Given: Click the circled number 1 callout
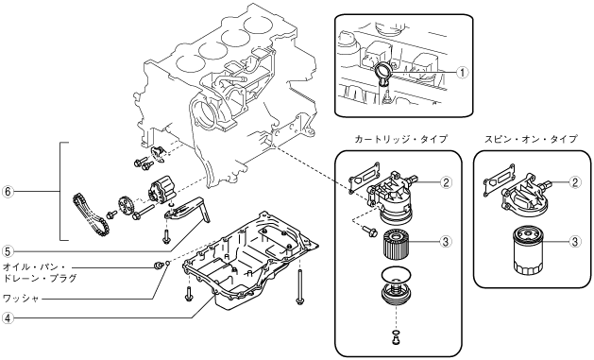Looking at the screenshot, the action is coord(462,72).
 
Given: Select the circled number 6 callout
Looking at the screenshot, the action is coord(8,192).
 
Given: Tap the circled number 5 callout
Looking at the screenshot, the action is coord(8,250).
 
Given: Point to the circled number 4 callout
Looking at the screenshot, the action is coord(8,317).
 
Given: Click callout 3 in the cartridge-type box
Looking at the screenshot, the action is coord(446,241).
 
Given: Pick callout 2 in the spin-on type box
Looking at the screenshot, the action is coord(575,182).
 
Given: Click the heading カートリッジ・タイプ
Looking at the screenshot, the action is coord(400,139).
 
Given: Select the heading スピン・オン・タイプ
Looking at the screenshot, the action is coord(531,139).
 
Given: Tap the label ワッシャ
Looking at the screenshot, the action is coord(21,299).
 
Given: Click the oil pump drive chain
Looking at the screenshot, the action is coord(91,214).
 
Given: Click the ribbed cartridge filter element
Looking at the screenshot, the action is coord(397,245).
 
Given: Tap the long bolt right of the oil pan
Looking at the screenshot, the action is coord(299,284).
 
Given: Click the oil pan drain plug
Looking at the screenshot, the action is coord(157,266).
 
